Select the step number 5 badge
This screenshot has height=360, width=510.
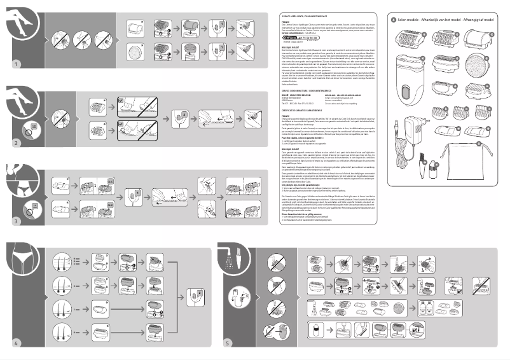point(228,343)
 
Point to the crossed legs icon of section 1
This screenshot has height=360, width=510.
point(22,25)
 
